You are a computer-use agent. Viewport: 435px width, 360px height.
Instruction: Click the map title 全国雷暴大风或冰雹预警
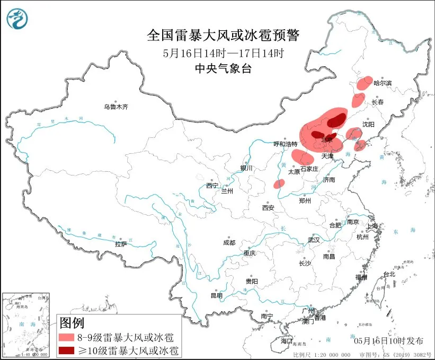click(223, 36)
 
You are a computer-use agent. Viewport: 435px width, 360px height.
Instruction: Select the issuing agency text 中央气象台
click(223, 68)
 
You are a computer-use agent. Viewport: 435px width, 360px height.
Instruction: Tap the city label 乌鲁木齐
click(116, 107)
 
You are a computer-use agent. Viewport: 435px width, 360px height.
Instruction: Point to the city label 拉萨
click(121, 244)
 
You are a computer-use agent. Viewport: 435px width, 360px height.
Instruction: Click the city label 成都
click(229, 242)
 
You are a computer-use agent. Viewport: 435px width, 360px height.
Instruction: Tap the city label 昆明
click(217, 295)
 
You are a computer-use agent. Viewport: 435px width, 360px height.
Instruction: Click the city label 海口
click(287, 340)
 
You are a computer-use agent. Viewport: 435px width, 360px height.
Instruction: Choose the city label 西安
click(268, 208)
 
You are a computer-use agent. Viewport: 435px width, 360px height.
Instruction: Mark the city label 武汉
click(314, 240)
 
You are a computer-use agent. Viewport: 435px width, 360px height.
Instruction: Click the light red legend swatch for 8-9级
click(67, 337)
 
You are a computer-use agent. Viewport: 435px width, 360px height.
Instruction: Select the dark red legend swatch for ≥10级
click(67, 350)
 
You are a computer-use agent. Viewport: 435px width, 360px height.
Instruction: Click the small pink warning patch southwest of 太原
click(279, 183)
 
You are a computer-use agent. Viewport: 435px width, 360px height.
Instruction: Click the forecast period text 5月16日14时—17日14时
click(223, 53)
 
